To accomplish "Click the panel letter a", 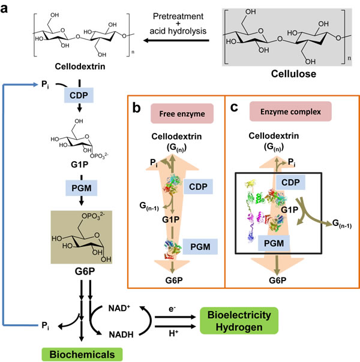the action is (4, 8).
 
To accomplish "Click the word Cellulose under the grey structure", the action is (293, 74).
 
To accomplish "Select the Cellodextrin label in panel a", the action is (80, 67).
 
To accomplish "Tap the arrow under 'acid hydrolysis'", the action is (176, 41).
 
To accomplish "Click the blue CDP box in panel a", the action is (79, 95).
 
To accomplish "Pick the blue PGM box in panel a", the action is (82, 188).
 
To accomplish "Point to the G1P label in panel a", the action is (79, 165).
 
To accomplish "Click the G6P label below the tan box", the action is (85, 271).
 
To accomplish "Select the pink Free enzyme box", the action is (182, 114).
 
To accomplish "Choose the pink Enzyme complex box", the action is (290, 111).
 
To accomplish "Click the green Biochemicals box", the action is (82, 354).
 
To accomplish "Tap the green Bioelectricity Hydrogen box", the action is (239, 321).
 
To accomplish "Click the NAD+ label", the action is (119, 308).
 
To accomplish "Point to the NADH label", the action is (121, 334).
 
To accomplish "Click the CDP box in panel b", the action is (198, 186).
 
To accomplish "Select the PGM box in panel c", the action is (274, 243).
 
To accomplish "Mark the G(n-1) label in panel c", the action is (342, 224).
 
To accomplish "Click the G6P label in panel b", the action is (174, 280).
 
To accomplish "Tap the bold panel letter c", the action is (234, 108).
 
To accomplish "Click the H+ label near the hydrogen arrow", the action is (173, 333).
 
